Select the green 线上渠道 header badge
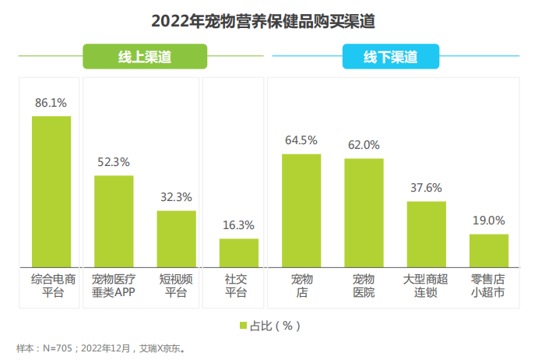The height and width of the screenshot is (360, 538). point(145,58)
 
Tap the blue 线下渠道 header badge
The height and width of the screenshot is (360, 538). point(390,58)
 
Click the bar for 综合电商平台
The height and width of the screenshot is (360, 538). point(51,191)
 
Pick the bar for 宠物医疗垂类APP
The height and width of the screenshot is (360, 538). point(114,221)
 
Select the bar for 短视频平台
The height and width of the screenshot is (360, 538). point(176,238)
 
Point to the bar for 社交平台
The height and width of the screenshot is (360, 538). point(238,252)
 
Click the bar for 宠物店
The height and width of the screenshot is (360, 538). point(301,210)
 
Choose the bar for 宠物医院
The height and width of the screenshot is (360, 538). point(364,212)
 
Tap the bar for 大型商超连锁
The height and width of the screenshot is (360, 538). point(426,234)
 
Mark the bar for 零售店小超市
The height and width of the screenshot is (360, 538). point(488,250)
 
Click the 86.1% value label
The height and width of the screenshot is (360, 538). point(51,102)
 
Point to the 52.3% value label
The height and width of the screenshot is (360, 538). point(114,162)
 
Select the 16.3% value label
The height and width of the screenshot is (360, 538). point(238,225)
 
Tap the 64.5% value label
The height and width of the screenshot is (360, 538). point(301,140)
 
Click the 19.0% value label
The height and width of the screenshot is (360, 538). point(488,221)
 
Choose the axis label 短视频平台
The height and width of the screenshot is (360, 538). point(176,286)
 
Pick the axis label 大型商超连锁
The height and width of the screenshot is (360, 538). point(426,286)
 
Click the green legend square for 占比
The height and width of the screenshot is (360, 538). point(243,325)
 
